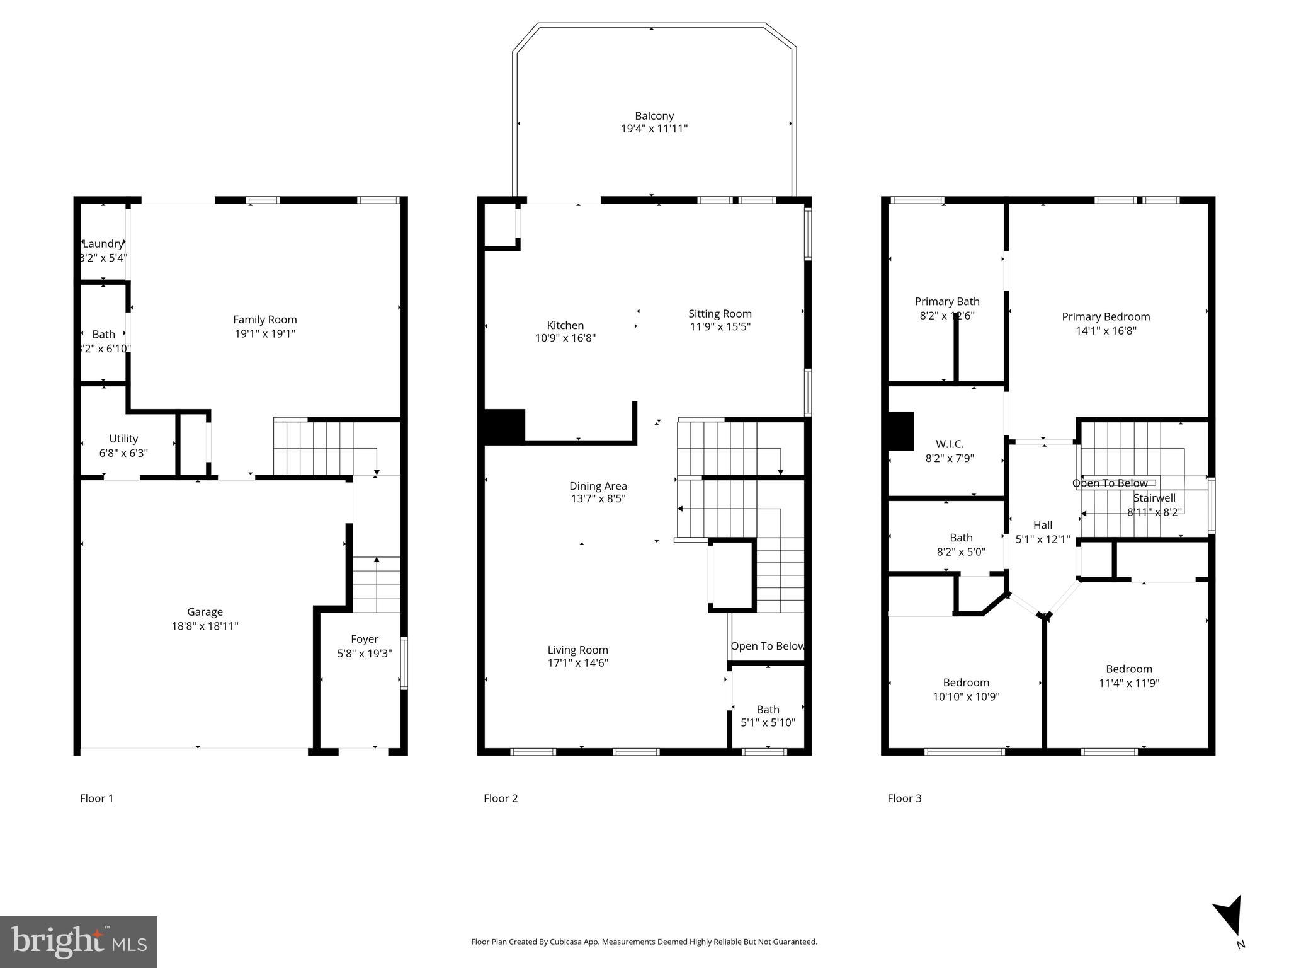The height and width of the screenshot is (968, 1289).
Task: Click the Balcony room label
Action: coord(654,116)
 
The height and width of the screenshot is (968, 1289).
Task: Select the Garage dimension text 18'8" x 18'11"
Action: coord(205,626)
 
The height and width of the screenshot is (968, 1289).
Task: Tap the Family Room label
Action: coord(264,320)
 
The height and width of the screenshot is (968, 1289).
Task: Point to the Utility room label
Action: coord(123,439)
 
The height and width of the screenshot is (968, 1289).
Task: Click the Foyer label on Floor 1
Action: coord(364,639)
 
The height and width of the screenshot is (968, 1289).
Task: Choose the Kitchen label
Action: coord(565,325)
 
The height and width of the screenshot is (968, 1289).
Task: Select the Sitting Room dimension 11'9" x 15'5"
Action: coord(720,326)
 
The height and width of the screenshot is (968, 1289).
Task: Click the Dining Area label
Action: coord(598,486)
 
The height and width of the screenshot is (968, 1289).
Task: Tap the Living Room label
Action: coord(577,650)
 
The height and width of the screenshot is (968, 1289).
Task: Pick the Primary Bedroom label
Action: coord(1105,317)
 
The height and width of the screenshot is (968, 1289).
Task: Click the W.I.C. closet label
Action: coord(949,444)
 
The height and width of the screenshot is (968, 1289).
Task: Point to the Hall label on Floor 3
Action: coord(1042,525)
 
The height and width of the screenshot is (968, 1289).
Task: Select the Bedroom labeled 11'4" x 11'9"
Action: coord(1128,669)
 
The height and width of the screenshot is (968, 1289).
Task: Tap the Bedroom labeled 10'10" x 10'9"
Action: coord(965,683)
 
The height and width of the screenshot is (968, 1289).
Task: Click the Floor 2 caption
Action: coord(500,798)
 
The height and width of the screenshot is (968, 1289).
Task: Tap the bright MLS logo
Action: coord(78,942)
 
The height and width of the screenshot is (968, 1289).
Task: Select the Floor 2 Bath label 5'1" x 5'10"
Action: coord(767,710)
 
